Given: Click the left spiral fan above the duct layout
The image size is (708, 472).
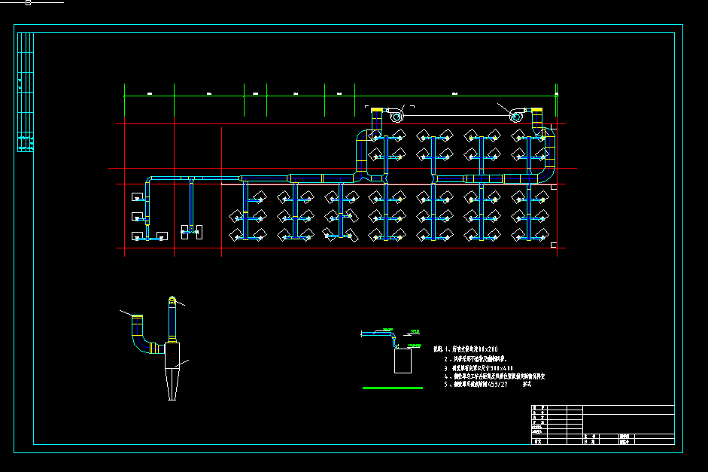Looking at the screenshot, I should (x=396, y=117).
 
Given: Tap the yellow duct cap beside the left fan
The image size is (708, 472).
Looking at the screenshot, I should (x=376, y=112).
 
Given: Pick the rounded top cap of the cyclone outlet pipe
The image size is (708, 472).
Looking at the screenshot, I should (x=172, y=300).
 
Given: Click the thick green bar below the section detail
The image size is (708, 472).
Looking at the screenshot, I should (x=392, y=388).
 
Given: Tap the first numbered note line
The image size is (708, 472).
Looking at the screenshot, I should (x=471, y=349).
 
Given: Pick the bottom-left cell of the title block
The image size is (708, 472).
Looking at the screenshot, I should (x=537, y=443).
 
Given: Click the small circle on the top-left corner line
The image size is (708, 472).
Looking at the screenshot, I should (x=28, y=2).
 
